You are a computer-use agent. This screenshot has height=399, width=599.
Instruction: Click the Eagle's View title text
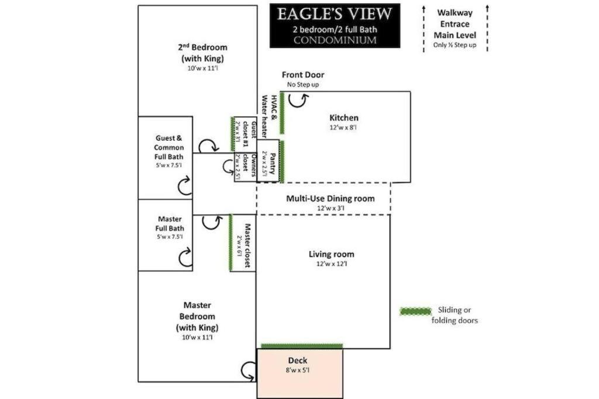click(x=334, y=14)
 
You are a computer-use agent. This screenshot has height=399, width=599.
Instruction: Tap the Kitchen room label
click(x=344, y=118)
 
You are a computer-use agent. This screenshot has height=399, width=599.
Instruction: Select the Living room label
click(x=331, y=254)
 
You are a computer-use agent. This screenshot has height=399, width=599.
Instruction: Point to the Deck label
click(x=298, y=360)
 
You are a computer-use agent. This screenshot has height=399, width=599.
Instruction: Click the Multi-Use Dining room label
click(x=331, y=199)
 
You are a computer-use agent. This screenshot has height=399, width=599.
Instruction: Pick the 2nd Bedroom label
click(x=202, y=53)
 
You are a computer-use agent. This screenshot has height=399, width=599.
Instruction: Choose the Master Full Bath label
click(x=170, y=224)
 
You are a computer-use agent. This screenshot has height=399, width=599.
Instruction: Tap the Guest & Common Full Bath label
click(x=169, y=147)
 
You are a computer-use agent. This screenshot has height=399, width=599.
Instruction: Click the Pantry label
click(x=273, y=163)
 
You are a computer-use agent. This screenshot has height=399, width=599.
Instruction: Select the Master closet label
click(x=247, y=245)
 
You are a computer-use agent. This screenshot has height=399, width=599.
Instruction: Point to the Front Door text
click(x=303, y=75)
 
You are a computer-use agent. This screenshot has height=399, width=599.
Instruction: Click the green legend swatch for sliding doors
click(x=416, y=311)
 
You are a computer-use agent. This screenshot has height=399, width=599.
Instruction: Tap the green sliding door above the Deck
click(x=302, y=346)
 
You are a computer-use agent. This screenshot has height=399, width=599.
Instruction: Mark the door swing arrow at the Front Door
click(x=298, y=100)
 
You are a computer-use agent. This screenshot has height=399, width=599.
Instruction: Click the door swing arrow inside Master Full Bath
click(x=185, y=258)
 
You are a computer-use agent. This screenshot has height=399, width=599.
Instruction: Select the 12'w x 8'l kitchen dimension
click(x=343, y=127)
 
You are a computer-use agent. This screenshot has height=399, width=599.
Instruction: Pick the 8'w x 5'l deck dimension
click(x=298, y=370)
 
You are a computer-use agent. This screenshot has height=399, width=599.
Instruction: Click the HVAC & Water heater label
click(x=269, y=116)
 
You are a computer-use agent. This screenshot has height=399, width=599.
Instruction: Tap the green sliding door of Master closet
click(x=230, y=242)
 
